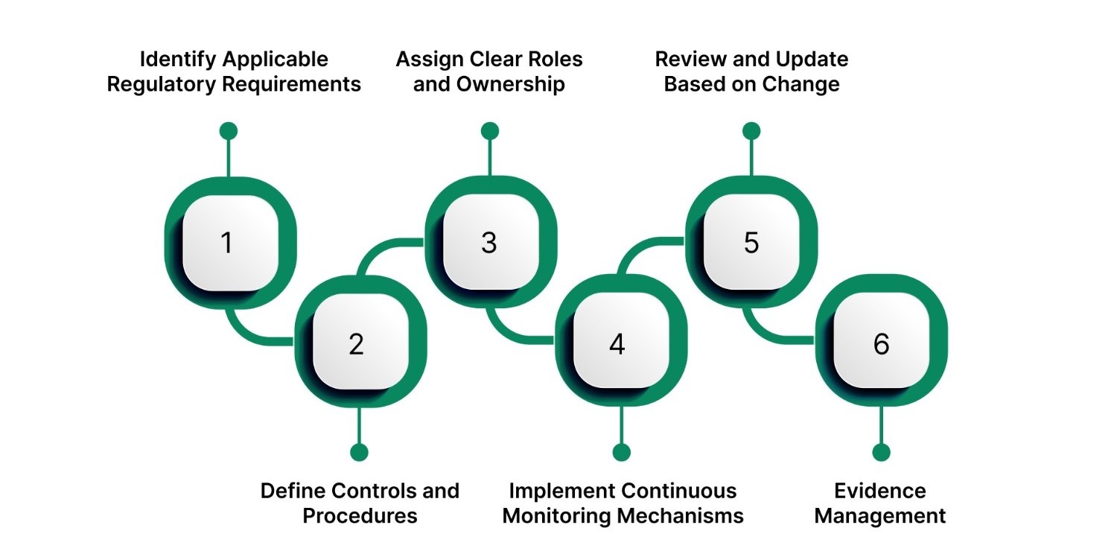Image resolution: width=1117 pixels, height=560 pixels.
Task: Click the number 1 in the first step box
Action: (227, 243)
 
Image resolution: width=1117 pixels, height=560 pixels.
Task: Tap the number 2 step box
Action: (357, 344)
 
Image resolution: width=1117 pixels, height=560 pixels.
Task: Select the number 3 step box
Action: (489, 243)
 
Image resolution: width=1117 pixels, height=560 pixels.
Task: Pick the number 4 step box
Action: (617, 344)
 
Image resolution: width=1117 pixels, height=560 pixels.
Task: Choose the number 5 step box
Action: (751, 243)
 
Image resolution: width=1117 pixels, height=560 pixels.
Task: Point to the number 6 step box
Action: (881, 344)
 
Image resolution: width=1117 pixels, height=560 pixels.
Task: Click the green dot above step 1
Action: (229, 131)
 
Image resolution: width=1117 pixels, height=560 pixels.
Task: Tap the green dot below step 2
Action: (359, 452)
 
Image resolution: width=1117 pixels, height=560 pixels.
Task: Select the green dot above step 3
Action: (489, 131)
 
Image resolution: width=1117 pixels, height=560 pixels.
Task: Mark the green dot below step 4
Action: (621, 452)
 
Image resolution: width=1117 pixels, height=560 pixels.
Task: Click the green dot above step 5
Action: (751, 131)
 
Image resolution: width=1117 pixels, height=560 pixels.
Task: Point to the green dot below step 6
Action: (881, 452)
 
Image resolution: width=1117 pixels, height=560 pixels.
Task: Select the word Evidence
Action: (880, 491)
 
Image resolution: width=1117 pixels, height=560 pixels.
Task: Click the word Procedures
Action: (360, 515)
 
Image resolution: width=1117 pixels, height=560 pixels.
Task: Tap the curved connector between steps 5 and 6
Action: (763, 331)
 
